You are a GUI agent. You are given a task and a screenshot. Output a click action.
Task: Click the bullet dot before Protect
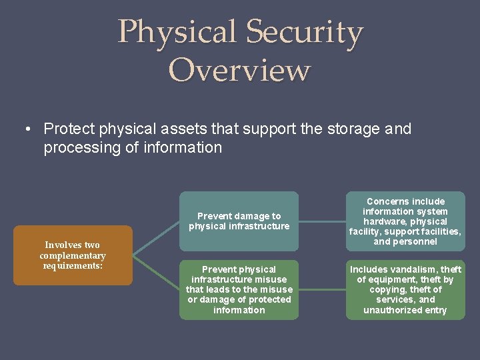tap(31, 129)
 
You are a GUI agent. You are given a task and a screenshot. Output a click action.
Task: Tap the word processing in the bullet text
tap(83, 148)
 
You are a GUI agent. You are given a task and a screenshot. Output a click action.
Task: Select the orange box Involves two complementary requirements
tap(72, 255)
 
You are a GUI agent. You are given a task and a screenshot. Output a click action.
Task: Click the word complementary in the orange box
tap(72, 256)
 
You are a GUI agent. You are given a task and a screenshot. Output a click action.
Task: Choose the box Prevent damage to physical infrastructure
tap(239, 221)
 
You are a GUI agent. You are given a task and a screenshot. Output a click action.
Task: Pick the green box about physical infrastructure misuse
tap(239, 290)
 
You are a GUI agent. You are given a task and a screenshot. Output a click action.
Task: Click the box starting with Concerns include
tap(405, 221)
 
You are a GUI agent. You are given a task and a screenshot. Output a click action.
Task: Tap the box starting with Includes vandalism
tap(405, 290)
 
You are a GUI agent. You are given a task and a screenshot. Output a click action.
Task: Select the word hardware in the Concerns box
tap(388, 221)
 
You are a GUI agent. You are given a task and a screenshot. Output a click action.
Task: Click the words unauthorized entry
tap(405, 311)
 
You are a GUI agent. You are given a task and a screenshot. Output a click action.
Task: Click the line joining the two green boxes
tap(322, 290)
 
